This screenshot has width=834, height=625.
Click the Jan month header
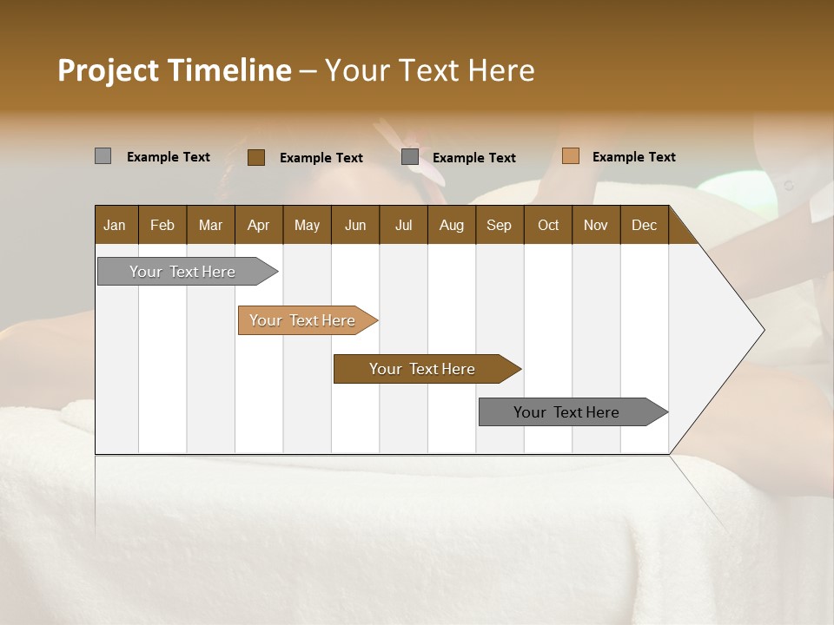coord(115,225)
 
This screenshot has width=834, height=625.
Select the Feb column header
coord(162,225)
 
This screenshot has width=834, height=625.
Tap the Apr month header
coord(258,225)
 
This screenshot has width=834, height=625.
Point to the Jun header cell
coord(355,225)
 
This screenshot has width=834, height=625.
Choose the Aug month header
coord(451,225)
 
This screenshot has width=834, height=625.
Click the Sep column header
coord(499,225)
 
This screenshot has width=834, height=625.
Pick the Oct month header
coord(548,225)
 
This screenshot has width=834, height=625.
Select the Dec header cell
coord(644,225)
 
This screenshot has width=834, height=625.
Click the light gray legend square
coord(103,156)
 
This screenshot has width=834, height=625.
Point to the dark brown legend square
coord(255,157)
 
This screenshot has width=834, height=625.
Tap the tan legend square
coord(570,156)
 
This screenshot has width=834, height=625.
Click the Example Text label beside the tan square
coord(633,157)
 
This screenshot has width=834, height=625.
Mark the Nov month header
coord(595,225)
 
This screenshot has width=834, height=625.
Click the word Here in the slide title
coord(500,70)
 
